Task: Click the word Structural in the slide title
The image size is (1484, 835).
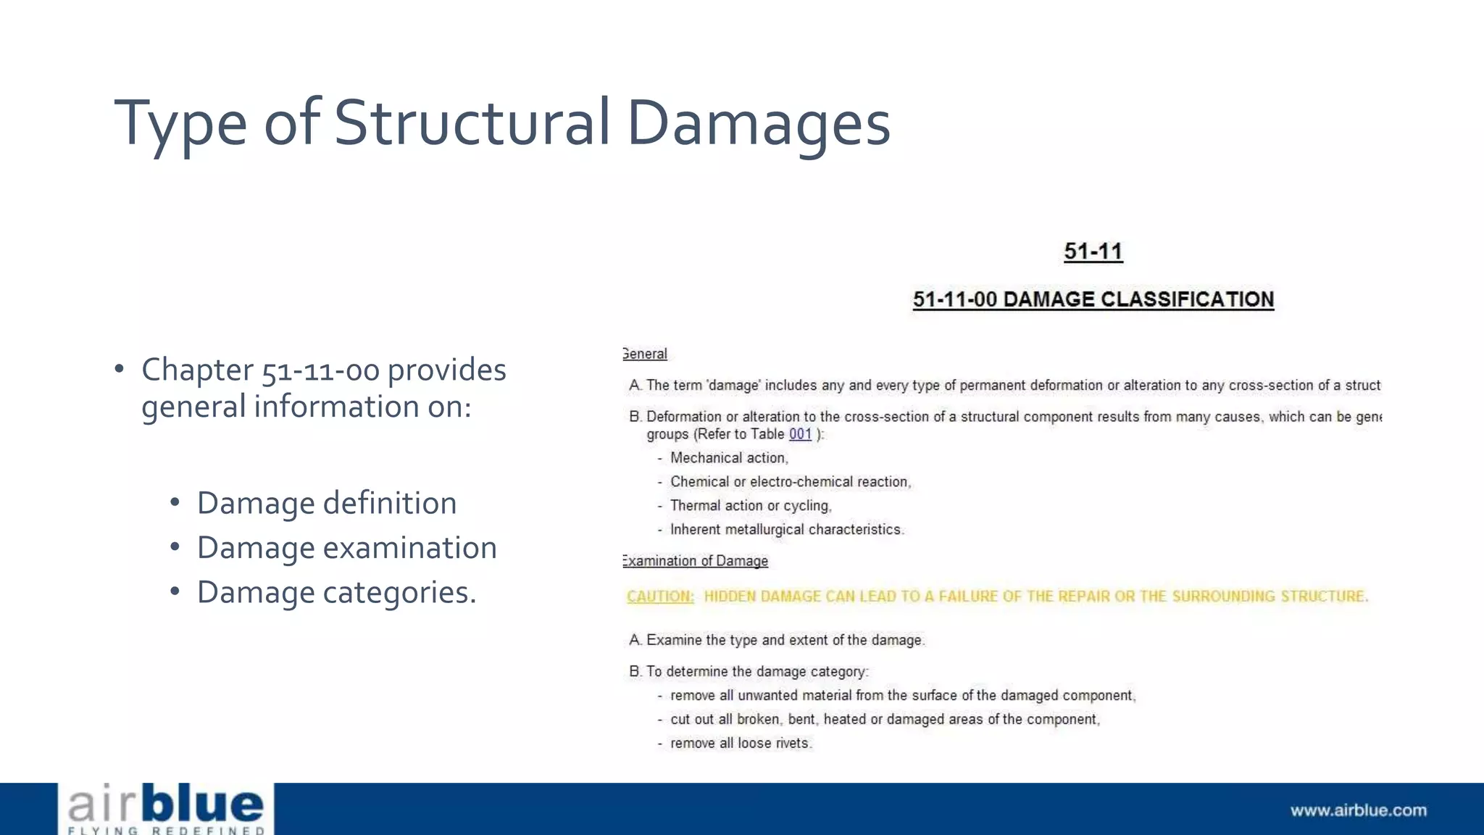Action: (x=472, y=122)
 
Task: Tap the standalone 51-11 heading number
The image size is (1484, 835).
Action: (x=1093, y=252)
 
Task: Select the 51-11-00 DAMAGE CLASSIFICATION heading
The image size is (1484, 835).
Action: (x=1093, y=299)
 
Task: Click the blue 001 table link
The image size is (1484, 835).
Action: (x=800, y=434)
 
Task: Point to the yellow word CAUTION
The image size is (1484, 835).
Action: (x=659, y=597)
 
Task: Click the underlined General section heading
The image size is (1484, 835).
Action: (x=644, y=354)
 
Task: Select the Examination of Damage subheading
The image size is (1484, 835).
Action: (x=695, y=561)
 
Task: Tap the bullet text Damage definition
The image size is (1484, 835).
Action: (x=327, y=503)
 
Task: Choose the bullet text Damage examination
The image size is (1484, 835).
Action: (x=346, y=548)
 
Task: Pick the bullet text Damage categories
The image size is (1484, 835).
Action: (x=336, y=592)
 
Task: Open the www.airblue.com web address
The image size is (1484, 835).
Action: (x=1358, y=810)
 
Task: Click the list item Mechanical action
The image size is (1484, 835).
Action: (x=728, y=458)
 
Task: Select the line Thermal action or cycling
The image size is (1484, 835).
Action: (x=750, y=506)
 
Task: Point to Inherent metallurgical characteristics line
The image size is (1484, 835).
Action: (x=786, y=530)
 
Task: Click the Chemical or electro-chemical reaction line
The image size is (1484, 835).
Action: (x=790, y=482)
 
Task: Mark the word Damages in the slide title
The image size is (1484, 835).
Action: (x=758, y=122)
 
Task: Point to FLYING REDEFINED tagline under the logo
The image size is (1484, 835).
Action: (x=166, y=831)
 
